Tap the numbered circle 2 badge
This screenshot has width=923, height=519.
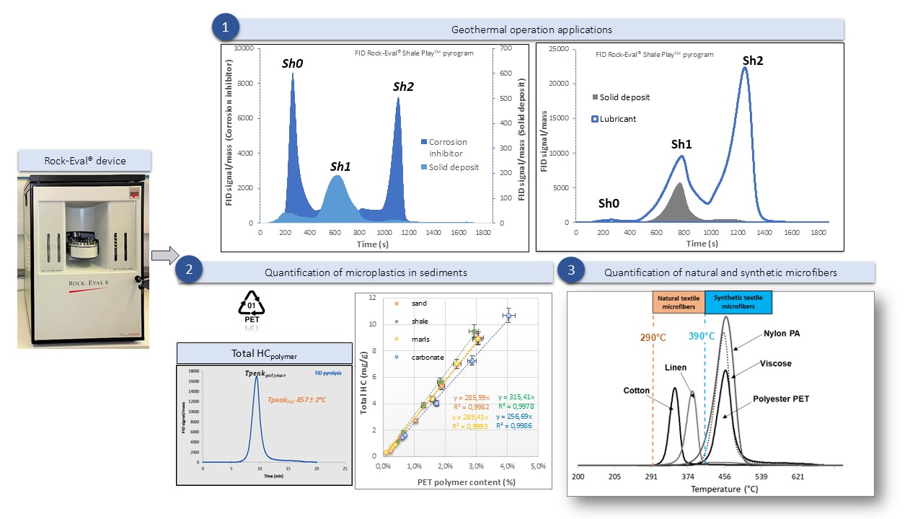coord(190,272)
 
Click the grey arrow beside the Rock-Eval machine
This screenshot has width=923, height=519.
coord(164,254)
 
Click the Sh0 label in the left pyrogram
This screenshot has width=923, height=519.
coord(292,64)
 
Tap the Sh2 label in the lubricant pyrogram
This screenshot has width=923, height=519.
coord(752,61)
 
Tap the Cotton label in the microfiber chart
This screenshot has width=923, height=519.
coord(637,390)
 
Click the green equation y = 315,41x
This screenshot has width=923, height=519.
coord(515,397)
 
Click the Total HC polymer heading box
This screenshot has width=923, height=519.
coord(264,353)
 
